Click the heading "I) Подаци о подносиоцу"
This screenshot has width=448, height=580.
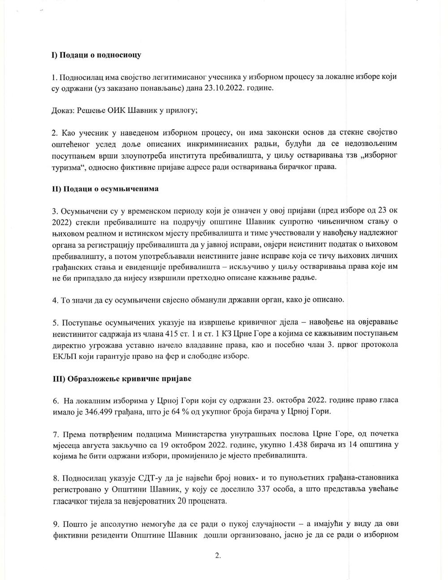(x=96, y=55)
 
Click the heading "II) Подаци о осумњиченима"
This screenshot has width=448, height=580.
(x=105, y=189)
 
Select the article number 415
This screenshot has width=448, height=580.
(x=196, y=334)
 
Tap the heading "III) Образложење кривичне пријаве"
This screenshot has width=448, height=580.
(x=121, y=379)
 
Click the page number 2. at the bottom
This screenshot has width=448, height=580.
(x=218, y=556)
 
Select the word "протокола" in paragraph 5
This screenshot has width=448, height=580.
(x=377, y=346)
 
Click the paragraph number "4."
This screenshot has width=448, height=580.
(x=56, y=300)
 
